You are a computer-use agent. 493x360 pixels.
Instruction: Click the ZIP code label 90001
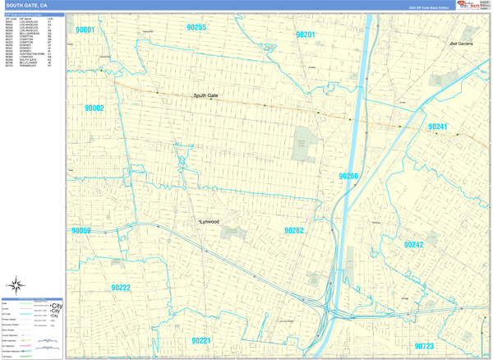pyautogui.click(x=85, y=30)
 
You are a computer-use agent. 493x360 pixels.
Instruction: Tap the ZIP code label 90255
pyautogui.click(x=196, y=27)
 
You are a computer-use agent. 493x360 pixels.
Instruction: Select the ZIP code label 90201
pyautogui.click(x=305, y=35)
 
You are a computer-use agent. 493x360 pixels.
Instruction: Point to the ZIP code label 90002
pyautogui.click(x=94, y=108)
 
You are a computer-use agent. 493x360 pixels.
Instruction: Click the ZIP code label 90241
pyautogui.click(x=438, y=127)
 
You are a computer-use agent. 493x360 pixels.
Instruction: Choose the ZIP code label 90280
pyautogui.click(x=348, y=176)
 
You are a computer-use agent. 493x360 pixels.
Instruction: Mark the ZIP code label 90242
pyautogui.click(x=413, y=245)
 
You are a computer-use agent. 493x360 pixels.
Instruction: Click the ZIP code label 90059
pyautogui.click(x=81, y=231)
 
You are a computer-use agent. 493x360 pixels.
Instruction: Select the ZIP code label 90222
pyautogui.click(x=121, y=288)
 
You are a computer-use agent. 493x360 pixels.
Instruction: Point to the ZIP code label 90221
pyautogui.click(x=201, y=339)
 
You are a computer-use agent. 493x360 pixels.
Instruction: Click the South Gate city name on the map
pyautogui.click(x=205, y=95)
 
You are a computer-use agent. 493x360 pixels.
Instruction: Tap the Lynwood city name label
pyautogui.click(x=210, y=222)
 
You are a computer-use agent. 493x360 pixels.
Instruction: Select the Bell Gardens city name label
pyautogui.click(x=461, y=43)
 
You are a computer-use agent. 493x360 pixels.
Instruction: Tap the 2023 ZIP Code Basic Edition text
pyautogui.click(x=429, y=7)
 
